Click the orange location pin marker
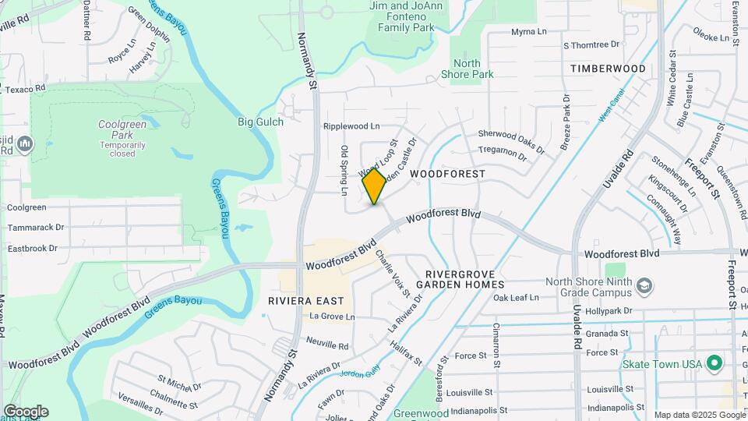[375, 186]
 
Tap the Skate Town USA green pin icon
[713, 364]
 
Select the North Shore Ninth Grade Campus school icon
[644, 286]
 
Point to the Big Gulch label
[260, 122]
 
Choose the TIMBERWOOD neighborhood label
[608, 69]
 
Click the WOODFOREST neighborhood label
[447, 173]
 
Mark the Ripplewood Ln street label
[351, 126]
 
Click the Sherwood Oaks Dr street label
[510, 139]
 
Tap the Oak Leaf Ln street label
[516, 298]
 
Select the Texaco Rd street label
[22, 90]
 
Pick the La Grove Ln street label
[332, 317]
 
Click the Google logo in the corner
[26, 412]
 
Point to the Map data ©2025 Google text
[699, 414]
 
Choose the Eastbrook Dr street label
[32, 248]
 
